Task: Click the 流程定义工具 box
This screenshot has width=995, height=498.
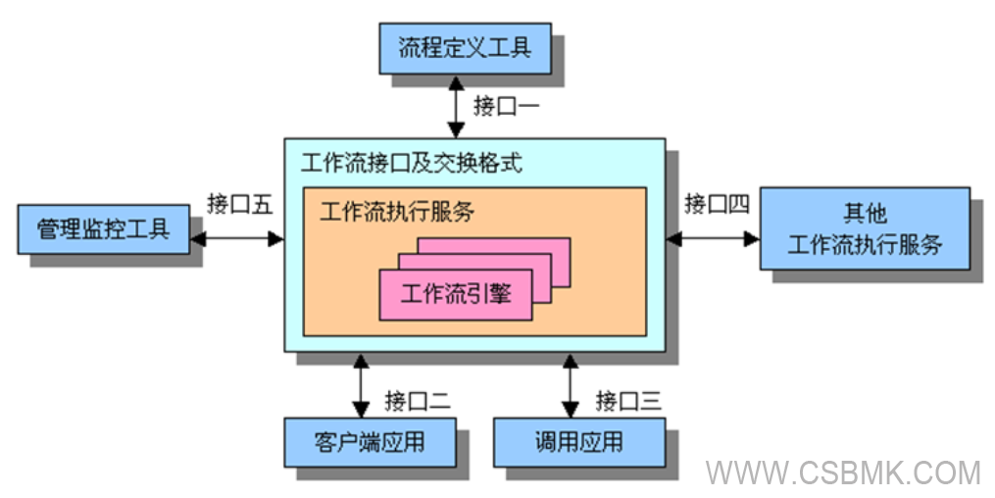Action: pyautogui.click(x=465, y=47)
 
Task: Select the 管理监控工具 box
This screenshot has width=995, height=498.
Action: pyautogui.click(x=104, y=228)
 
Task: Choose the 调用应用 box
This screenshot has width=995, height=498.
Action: pyautogui.click(x=578, y=442)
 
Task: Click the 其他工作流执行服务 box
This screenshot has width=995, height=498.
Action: pyautogui.click(x=865, y=228)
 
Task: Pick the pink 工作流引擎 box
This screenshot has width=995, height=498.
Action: pyautogui.click(x=456, y=293)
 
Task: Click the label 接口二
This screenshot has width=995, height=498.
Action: pyautogui.click(x=417, y=400)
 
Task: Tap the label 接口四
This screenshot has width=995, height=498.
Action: pyautogui.click(x=717, y=204)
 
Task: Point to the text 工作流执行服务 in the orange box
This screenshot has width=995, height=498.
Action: pyautogui.click(x=397, y=212)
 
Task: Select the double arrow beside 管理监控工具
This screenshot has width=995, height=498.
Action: pyautogui.click(x=237, y=238)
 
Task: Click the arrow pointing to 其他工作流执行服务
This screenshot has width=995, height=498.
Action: pyautogui.click(x=713, y=238)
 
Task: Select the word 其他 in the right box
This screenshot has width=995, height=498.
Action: pyautogui.click(x=865, y=213)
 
